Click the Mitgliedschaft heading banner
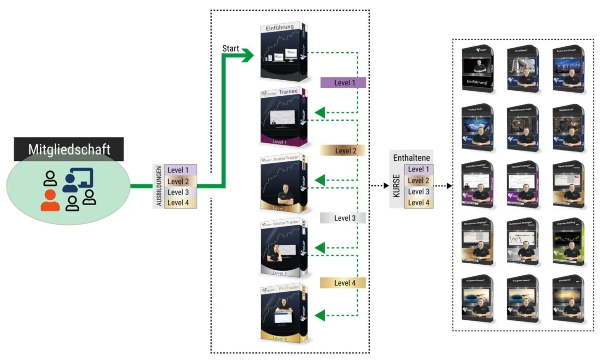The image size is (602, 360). coord(69,149)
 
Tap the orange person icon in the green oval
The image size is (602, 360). coord(50,200)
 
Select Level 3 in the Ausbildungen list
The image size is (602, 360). coord(179,192)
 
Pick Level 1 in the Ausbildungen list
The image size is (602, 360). coord(179,170)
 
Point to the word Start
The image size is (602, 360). coord(231,49)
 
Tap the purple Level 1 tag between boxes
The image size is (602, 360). coord(343,83)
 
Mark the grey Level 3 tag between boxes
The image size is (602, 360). coord(343,218)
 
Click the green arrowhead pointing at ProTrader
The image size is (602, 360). coord(320,315)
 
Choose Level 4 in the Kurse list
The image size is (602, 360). coord(419,203)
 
